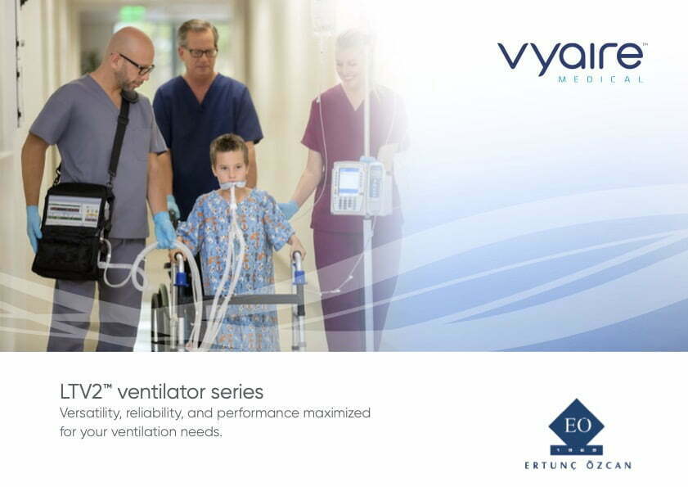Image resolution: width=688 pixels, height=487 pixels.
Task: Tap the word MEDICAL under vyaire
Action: coord(600,79)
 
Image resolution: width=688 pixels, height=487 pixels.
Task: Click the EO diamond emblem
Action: coord(577,426)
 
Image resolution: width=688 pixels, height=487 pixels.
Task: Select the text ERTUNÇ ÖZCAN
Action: coord(578,465)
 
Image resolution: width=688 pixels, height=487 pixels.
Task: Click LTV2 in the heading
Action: coord(86,392)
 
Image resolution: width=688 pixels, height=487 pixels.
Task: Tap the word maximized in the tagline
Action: coord(336,413)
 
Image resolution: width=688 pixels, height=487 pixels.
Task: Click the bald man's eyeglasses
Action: coord(135,65)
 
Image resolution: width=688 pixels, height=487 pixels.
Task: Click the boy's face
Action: coord(230,166)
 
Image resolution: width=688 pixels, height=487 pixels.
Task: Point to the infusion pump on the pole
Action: coord(361,187)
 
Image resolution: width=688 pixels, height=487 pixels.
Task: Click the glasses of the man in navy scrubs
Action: coord(200,52)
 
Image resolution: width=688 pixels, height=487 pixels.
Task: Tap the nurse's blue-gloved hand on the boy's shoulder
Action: coord(288,209)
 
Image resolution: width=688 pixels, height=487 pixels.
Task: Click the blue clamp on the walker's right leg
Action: coord(299,277)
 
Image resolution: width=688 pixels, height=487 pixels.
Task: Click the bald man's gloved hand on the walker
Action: coord(164,230)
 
